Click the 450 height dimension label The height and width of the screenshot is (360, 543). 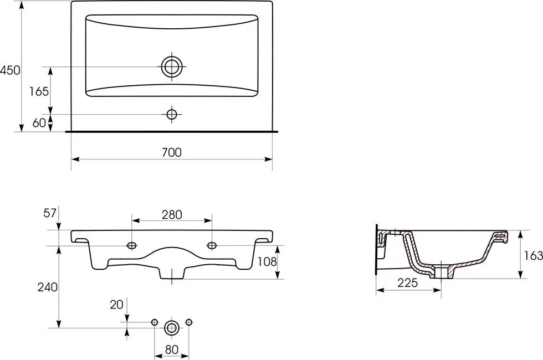(10, 70)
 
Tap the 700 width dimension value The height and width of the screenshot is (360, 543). (172, 152)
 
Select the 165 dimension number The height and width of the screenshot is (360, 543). (39, 91)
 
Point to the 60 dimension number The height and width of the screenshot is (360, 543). (39, 122)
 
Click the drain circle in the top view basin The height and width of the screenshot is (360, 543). (172, 66)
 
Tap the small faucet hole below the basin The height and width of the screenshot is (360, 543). (172, 114)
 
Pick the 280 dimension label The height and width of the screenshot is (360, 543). (172, 215)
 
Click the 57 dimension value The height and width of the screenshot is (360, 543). (49, 213)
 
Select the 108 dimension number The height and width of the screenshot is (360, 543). (267, 261)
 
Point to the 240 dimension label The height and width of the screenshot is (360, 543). (48, 287)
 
